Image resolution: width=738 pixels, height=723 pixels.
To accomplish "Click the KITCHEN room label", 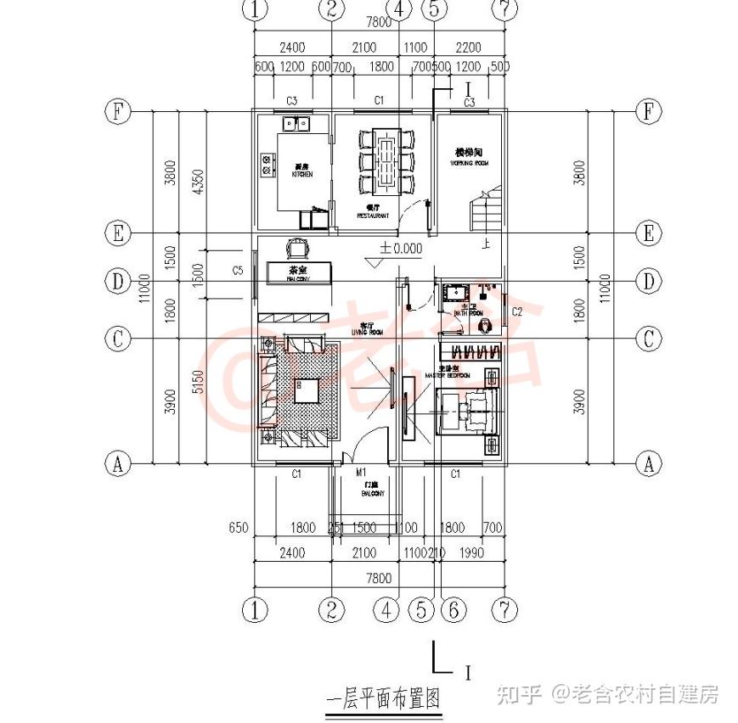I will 301,173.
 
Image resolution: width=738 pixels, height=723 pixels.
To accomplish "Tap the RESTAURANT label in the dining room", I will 373,216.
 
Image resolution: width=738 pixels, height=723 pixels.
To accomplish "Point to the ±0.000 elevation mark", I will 400,249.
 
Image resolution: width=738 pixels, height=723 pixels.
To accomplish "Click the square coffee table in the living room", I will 306,390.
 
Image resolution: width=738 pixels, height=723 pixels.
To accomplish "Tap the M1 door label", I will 361,473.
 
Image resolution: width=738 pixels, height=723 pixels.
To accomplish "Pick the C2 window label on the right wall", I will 516,311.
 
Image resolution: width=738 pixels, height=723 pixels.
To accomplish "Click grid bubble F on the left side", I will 117,111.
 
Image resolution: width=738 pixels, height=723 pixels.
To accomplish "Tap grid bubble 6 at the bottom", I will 454,608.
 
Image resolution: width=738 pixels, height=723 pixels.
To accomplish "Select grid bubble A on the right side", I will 649,463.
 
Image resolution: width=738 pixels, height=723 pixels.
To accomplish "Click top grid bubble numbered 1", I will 255,9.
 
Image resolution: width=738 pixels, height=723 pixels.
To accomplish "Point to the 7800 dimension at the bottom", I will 378,578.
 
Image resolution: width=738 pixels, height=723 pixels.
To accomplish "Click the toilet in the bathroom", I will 483,324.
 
